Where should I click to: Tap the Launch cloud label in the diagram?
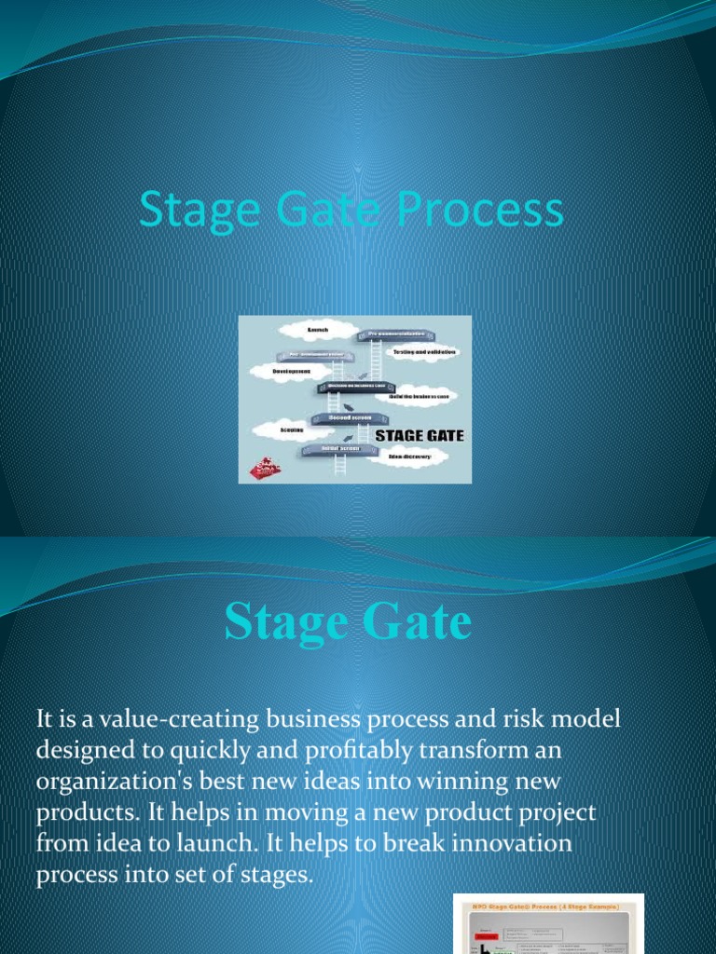coord(318,330)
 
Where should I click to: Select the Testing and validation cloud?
coord(423,351)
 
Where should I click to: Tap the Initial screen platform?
coord(339,449)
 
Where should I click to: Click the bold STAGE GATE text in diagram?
coord(419,435)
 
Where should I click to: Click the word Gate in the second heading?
coord(415,623)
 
